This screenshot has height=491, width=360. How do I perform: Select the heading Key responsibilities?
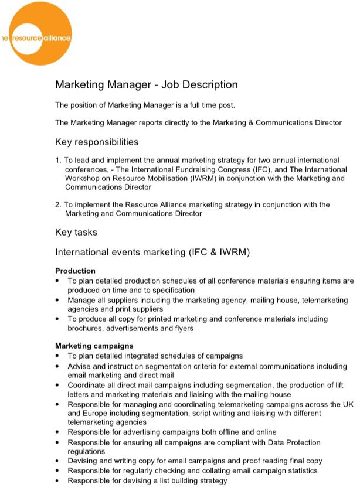click(97, 142)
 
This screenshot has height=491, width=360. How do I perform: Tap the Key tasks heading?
click(76, 233)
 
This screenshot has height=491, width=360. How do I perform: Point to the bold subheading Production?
click(75, 271)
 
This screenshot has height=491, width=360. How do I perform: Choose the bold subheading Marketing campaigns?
click(94, 346)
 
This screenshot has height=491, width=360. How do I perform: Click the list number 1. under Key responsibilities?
click(58, 160)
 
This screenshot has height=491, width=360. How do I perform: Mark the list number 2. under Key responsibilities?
click(58, 204)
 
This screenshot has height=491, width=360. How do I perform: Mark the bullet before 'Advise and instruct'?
click(57, 366)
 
